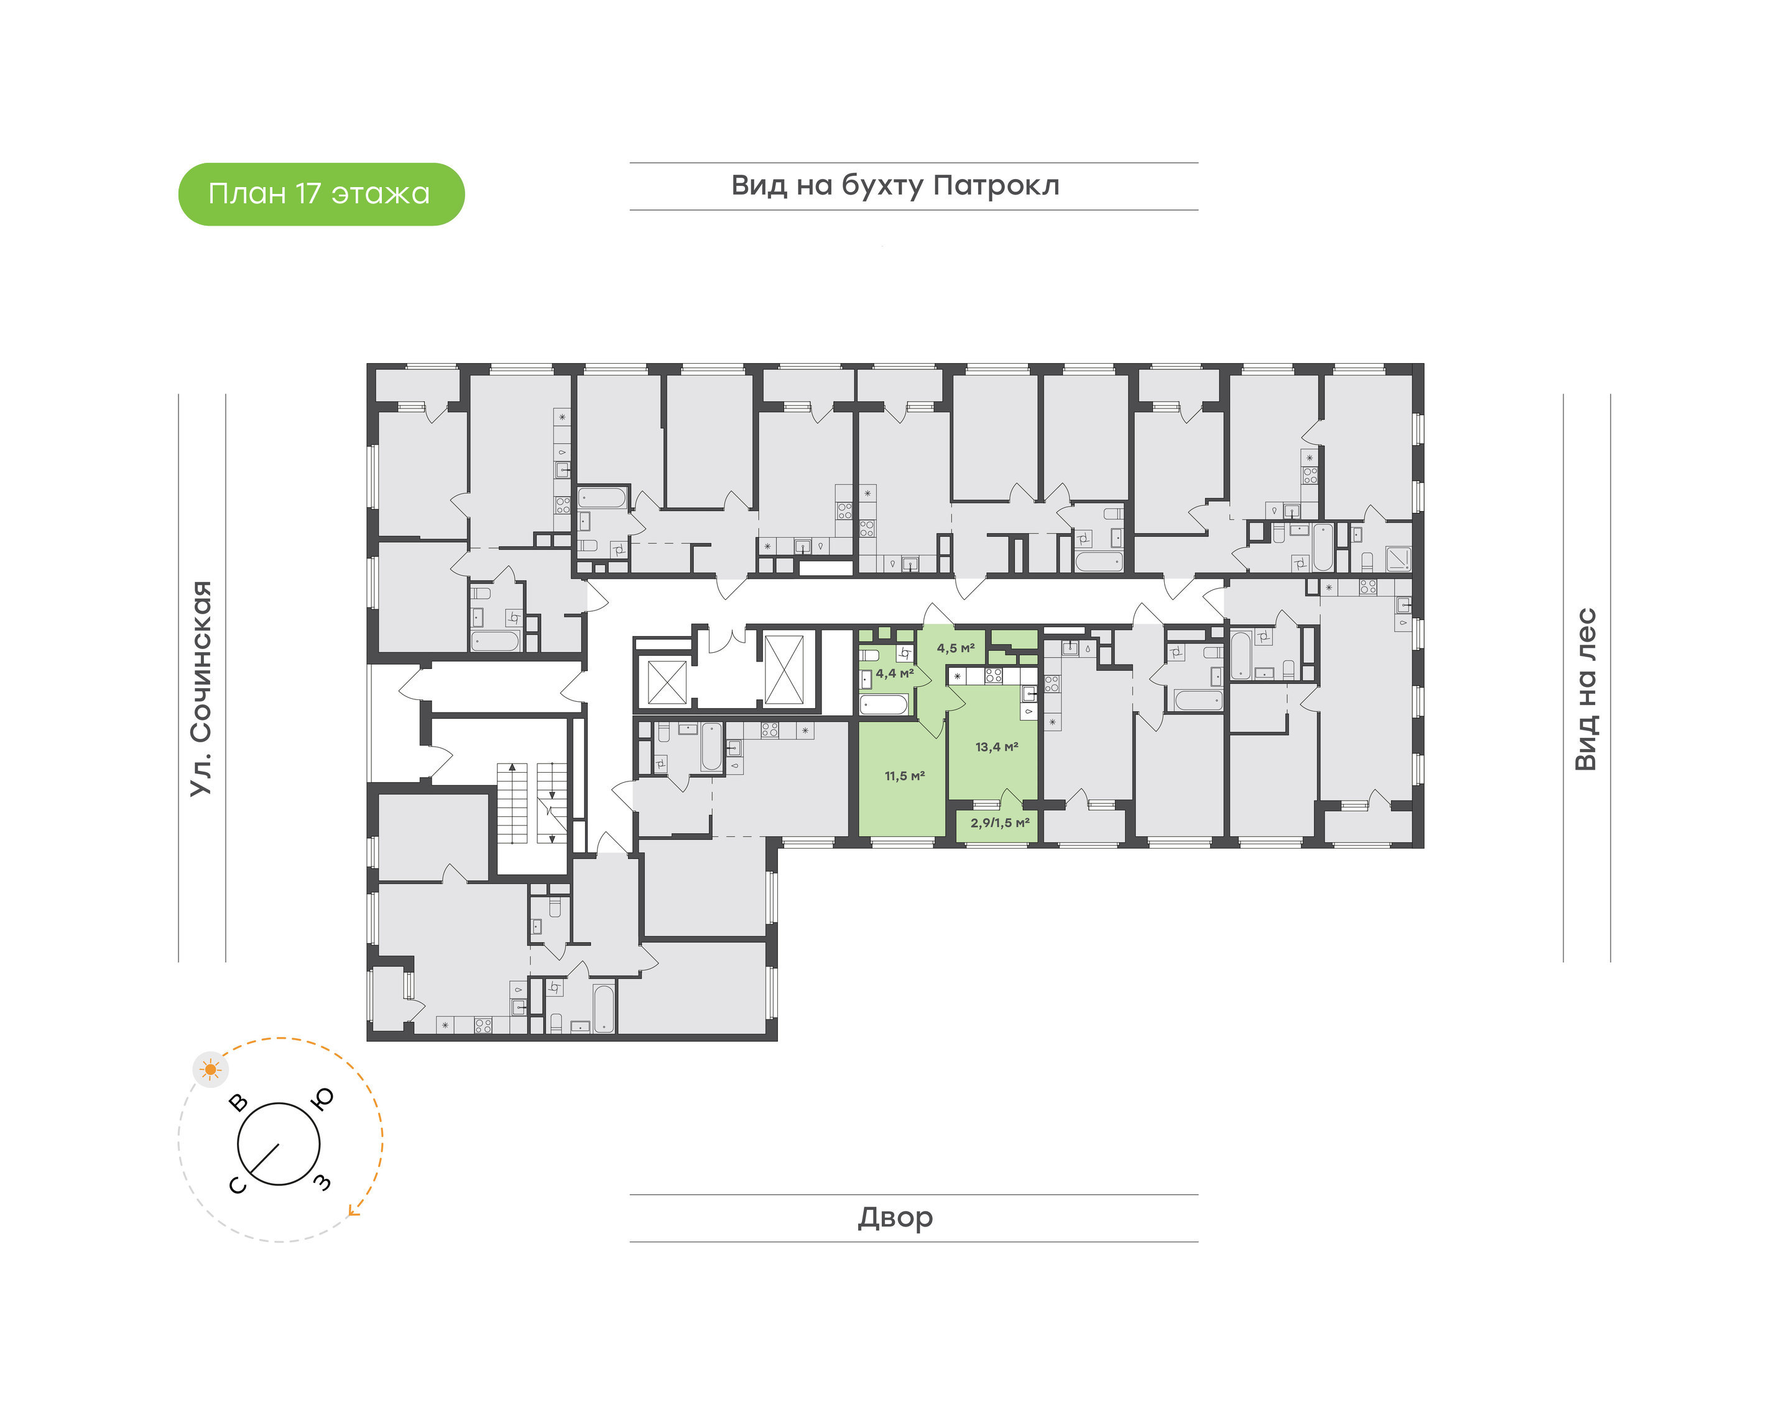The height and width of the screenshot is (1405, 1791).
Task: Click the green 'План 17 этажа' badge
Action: pos(321,194)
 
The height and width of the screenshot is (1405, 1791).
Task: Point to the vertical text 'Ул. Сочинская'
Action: pos(201,689)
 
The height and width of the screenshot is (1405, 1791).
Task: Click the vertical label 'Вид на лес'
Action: pos(1585,689)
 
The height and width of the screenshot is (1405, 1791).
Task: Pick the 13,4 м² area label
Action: pos(996,747)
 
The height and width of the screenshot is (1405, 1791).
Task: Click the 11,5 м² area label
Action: pos(904,776)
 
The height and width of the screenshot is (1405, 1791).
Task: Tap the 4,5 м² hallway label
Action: pos(955,648)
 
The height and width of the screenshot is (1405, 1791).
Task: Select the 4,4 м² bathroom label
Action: pos(894,673)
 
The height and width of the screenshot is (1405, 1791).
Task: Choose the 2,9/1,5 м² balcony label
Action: pos(999,822)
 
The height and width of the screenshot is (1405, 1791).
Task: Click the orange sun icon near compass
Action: pos(211,1069)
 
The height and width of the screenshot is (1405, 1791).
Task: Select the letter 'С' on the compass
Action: pos(237,1186)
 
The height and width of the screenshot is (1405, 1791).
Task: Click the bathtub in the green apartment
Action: pos(884,705)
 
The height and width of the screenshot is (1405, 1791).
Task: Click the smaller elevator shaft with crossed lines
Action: pos(667,682)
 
